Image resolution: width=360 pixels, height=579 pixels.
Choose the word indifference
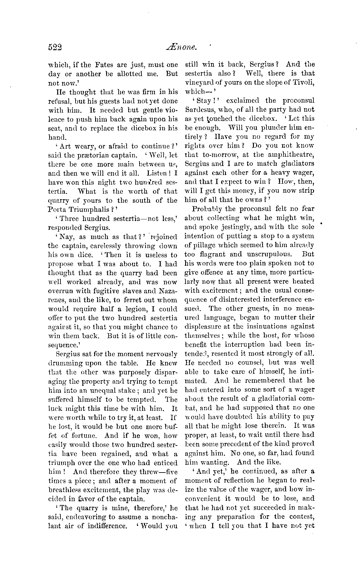pos(106,526)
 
